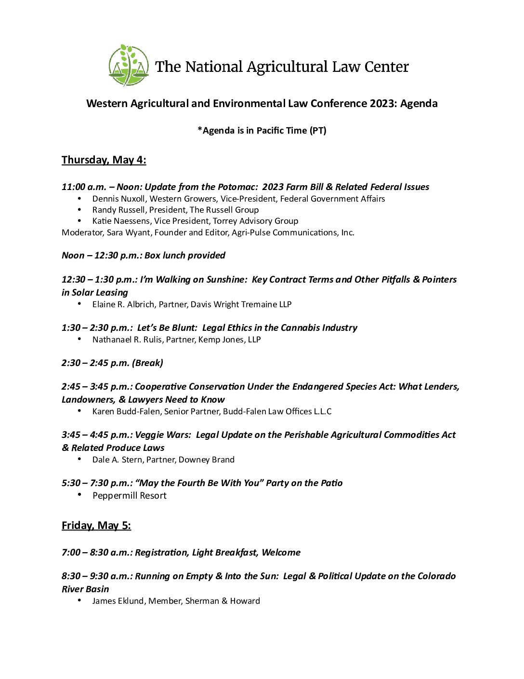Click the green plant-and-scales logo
(x=128, y=66)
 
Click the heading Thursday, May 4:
(x=104, y=160)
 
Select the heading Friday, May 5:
(x=96, y=525)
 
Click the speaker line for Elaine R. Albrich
(x=192, y=304)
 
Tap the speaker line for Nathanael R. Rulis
(x=176, y=339)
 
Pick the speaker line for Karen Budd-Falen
(x=212, y=411)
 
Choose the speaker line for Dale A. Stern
(x=163, y=460)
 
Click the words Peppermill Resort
(x=129, y=495)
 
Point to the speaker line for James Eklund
(x=176, y=601)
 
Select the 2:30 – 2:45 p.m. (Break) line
(x=112, y=363)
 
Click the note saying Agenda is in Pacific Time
(x=262, y=130)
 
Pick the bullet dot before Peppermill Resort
(x=79, y=495)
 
